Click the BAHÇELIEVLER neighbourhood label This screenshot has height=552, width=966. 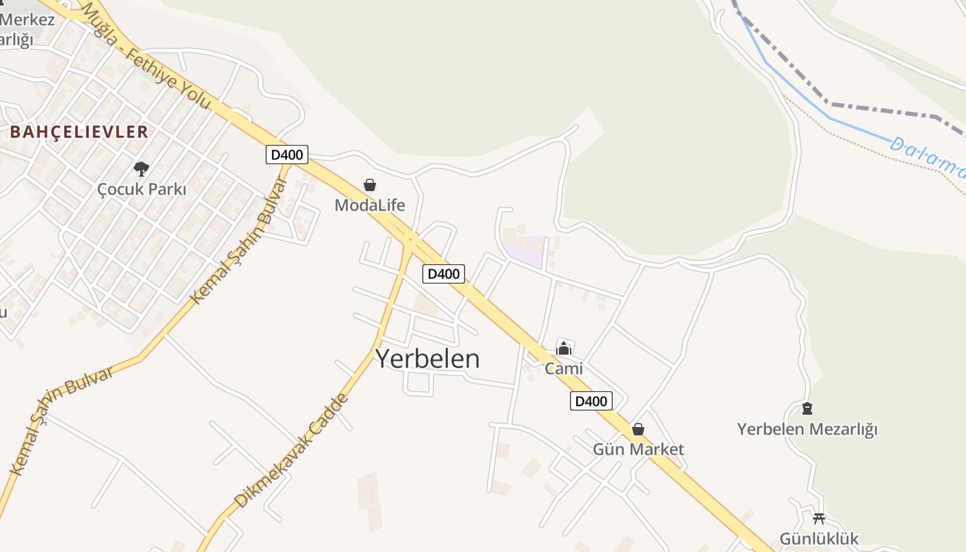click(x=79, y=132)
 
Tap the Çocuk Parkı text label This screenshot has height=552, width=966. click(x=142, y=189)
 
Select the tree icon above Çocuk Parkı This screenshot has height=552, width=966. click(x=141, y=168)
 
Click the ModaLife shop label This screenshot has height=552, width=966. click(x=370, y=205)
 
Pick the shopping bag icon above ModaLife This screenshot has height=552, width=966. click(x=370, y=185)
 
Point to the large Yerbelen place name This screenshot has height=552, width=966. click(x=427, y=359)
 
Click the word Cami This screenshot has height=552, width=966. click(x=564, y=368)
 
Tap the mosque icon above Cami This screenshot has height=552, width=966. click(x=564, y=348)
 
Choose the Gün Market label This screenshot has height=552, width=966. click(x=638, y=449)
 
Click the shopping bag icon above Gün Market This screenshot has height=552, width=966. click(x=638, y=429)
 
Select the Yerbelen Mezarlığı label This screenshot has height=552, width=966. click(x=807, y=429)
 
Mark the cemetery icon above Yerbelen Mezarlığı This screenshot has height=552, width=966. click(x=807, y=408)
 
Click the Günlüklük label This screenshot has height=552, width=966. click(x=819, y=538)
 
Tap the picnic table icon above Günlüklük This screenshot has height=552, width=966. click(x=819, y=517)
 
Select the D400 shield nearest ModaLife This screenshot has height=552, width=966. click(x=286, y=155)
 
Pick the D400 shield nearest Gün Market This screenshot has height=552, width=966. click(x=591, y=401)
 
